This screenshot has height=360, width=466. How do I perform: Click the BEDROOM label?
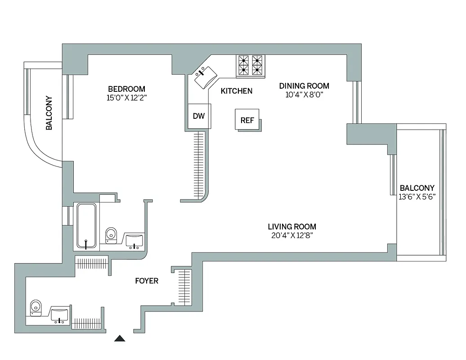pyautogui.click(x=126, y=89)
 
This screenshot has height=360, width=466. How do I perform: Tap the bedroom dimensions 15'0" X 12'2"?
pyautogui.click(x=126, y=97)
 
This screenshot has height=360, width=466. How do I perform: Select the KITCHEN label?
pyautogui.click(x=236, y=91)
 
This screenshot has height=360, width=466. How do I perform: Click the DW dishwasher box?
pyautogui.click(x=198, y=116)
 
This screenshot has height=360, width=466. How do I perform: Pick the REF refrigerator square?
pyautogui.click(x=247, y=120)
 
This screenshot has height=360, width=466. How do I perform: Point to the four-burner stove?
pyautogui.click(x=251, y=64)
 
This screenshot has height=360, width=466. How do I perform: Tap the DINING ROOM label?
pyautogui.click(x=304, y=85)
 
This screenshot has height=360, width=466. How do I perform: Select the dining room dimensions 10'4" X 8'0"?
pyautogui.click(x=304, y=94)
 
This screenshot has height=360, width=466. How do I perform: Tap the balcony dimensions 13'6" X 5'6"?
pyautogui.click(x=417, y=197)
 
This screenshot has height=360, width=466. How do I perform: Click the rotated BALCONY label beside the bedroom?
pyautogui.click(x=49, y=113)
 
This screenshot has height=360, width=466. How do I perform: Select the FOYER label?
pyautogui.click(x=147, y=281)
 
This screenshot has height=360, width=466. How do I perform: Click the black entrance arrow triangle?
pyautogui.click(x=120, y=338)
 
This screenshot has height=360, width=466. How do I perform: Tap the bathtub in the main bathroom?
pyautogui.click(x=85, y=226)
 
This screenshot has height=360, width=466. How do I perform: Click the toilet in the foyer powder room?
pyautogui.click(x=35, y=308)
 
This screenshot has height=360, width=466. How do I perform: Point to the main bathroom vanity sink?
pyautogui.click(x=134, y=240)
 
